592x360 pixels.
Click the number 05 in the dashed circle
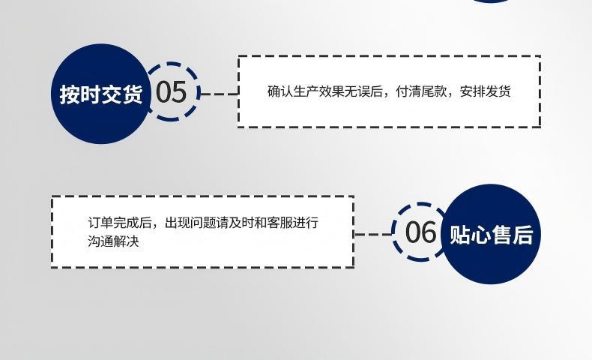(x=171, y=92)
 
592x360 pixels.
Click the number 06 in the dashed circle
(x=420, y=232)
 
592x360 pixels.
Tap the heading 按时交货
(x=101, y=94)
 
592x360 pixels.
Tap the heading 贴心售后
(x=491, y=234)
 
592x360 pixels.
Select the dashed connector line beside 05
(x=219, y=94)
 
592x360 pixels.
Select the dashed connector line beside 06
(x=373, y=234)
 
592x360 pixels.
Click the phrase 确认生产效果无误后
(x=326, y=91)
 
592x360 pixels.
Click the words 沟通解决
(x=113, y=241)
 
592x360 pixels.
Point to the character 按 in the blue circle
(x=70, y=94)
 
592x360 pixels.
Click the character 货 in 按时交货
(x=132, y=94)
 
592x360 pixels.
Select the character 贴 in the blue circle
(x=459, y=234)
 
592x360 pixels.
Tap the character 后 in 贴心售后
(x=522, y=234)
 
